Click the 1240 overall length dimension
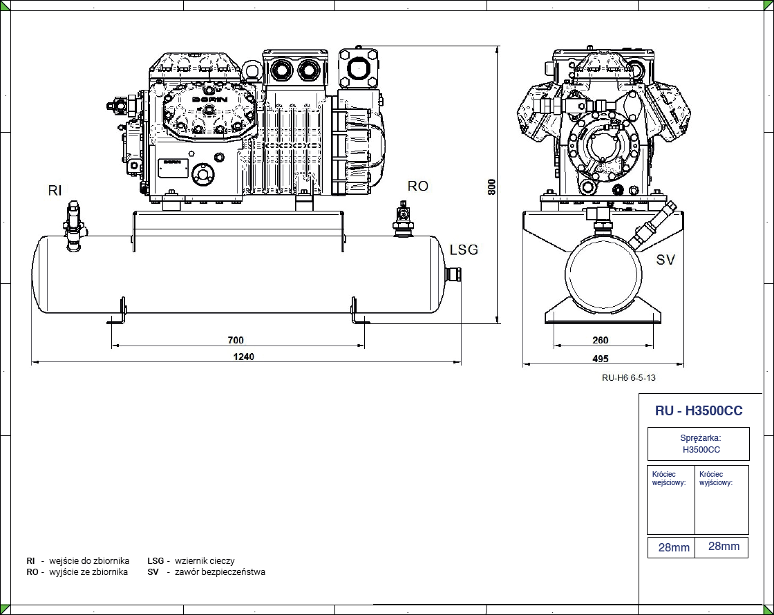[244, 357]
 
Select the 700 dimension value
[235, 340]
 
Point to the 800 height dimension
[491, 187]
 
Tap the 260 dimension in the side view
[601, 340]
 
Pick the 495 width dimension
[601, 358]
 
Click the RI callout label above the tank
[56, 191]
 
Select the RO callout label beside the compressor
[417, 186]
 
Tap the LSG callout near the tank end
[464, 249]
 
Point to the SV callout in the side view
[666, 260]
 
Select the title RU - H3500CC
[699, 410]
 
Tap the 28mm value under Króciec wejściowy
[674, 547]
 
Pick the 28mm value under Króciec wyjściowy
[724, 546]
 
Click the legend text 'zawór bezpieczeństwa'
[220, 571]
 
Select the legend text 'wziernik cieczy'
[205, 560]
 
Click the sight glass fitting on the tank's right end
[454, 274]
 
